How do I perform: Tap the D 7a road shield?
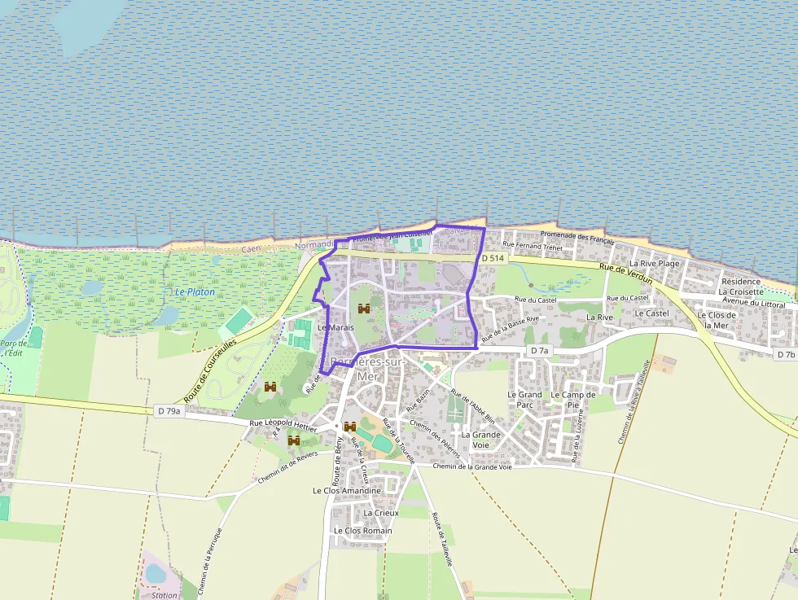pyautogui.click(x=539, y=350)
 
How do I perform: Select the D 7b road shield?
pyautogui.click(x=785, y=355)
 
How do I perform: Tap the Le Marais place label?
pyautogui.click(x=335, y=326)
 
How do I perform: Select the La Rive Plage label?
pyautogui.click(x=654, y=264)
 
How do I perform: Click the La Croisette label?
pyautogui.click(x=741, y=291)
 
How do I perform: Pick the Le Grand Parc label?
pyautogui.click(x=524, y=400)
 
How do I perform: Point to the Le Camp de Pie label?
pyautogui.click(x=574, y=400)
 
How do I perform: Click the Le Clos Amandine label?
pyautogui.click(x=346, y=491)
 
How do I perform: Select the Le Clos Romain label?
pyautogui.click(x=362, y=531)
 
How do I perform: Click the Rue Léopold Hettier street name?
pyautogui.click(x=282, y=423)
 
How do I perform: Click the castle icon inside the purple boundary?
pyautogui.click(x=364, y=309)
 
